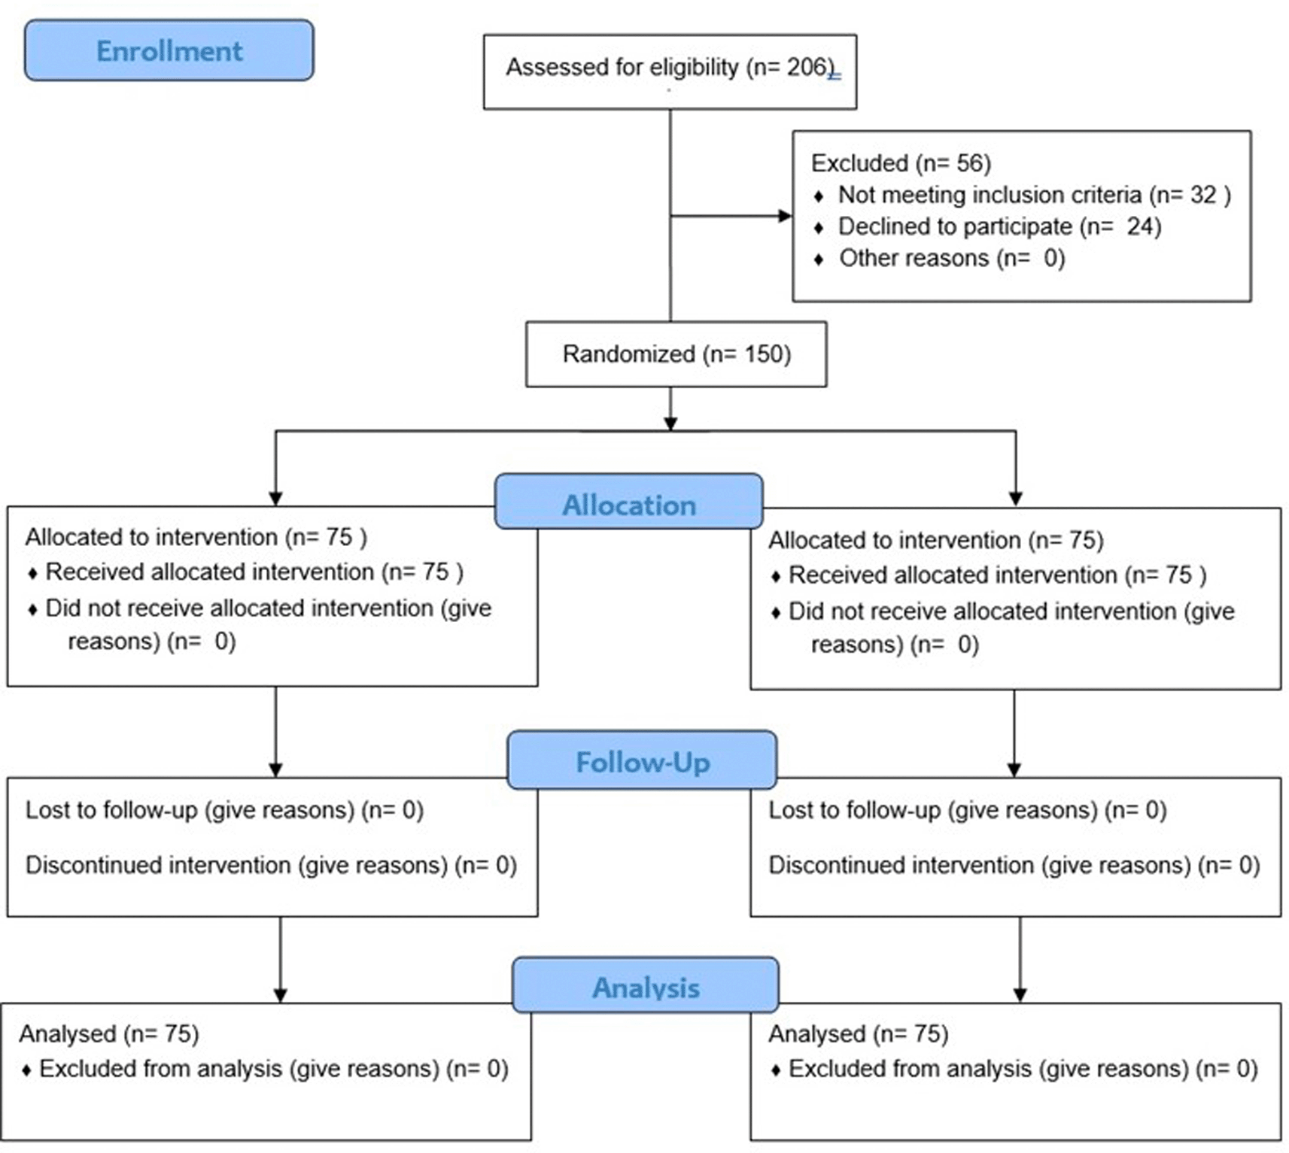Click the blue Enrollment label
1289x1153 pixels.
point(169,50)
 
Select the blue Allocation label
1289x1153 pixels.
point(629,502)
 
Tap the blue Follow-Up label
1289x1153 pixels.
point(642,760)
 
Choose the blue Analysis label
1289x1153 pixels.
point(646,985)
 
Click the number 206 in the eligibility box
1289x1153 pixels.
point(807,67)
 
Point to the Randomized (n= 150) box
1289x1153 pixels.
point(676,354)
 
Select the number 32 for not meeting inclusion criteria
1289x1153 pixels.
point(1202,195)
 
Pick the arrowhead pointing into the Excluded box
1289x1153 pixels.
point(785,216)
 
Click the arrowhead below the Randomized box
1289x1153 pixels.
point(670,423)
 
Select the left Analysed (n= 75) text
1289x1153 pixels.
point(109,1033)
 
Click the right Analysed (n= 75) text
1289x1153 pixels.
point(858,1033)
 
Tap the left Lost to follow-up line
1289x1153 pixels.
point(224,810)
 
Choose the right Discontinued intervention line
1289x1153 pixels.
point(1014,865)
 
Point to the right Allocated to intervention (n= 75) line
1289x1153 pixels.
point(936,540)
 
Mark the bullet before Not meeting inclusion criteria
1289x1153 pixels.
point(819,197)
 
